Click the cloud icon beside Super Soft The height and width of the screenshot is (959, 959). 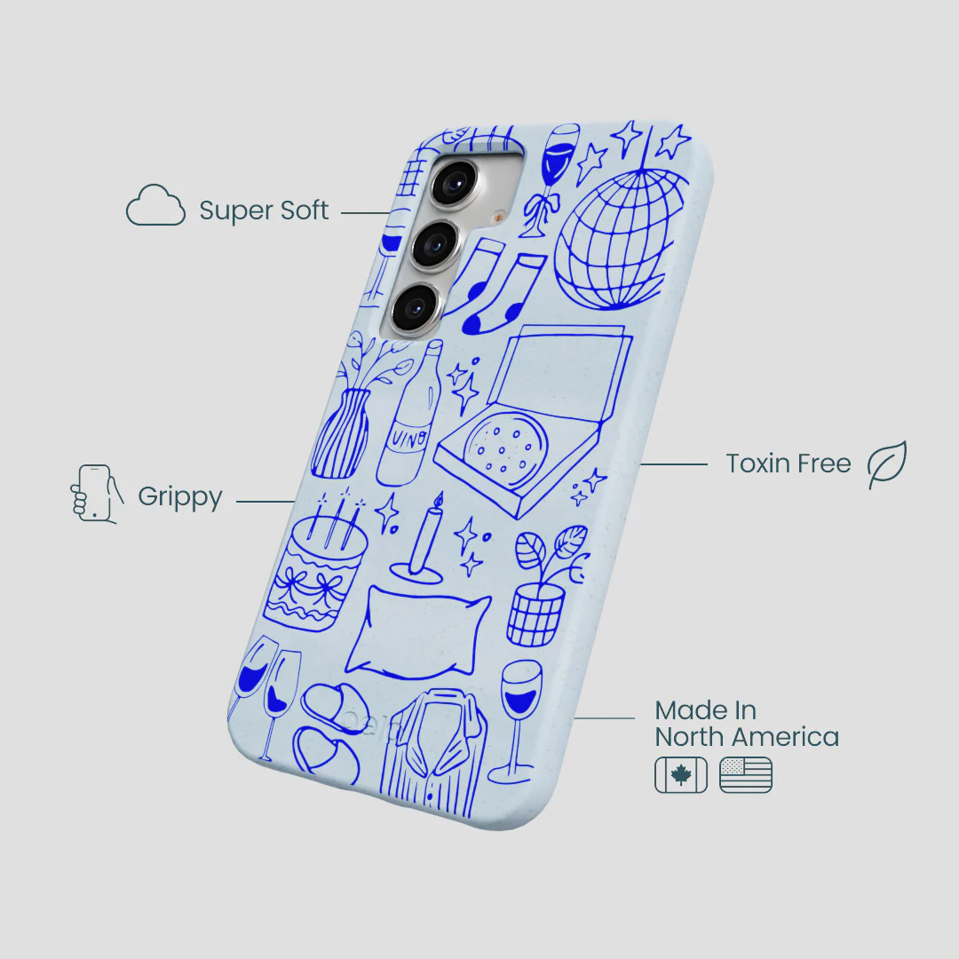[x=155, y=205]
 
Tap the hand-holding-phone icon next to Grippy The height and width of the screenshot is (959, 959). [x=96, y=495]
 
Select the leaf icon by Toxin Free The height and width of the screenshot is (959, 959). [x=887, y=464]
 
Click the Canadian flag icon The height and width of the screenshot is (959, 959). [x=681, y=775]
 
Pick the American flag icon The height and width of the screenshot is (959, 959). [x=746, y=775]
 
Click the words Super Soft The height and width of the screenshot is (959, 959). [x=264, y=210]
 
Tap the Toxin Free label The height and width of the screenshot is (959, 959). [x=788, y=464]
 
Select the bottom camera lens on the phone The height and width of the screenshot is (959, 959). [x=417, y=307]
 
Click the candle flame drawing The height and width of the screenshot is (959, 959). [x=437, y=500]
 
